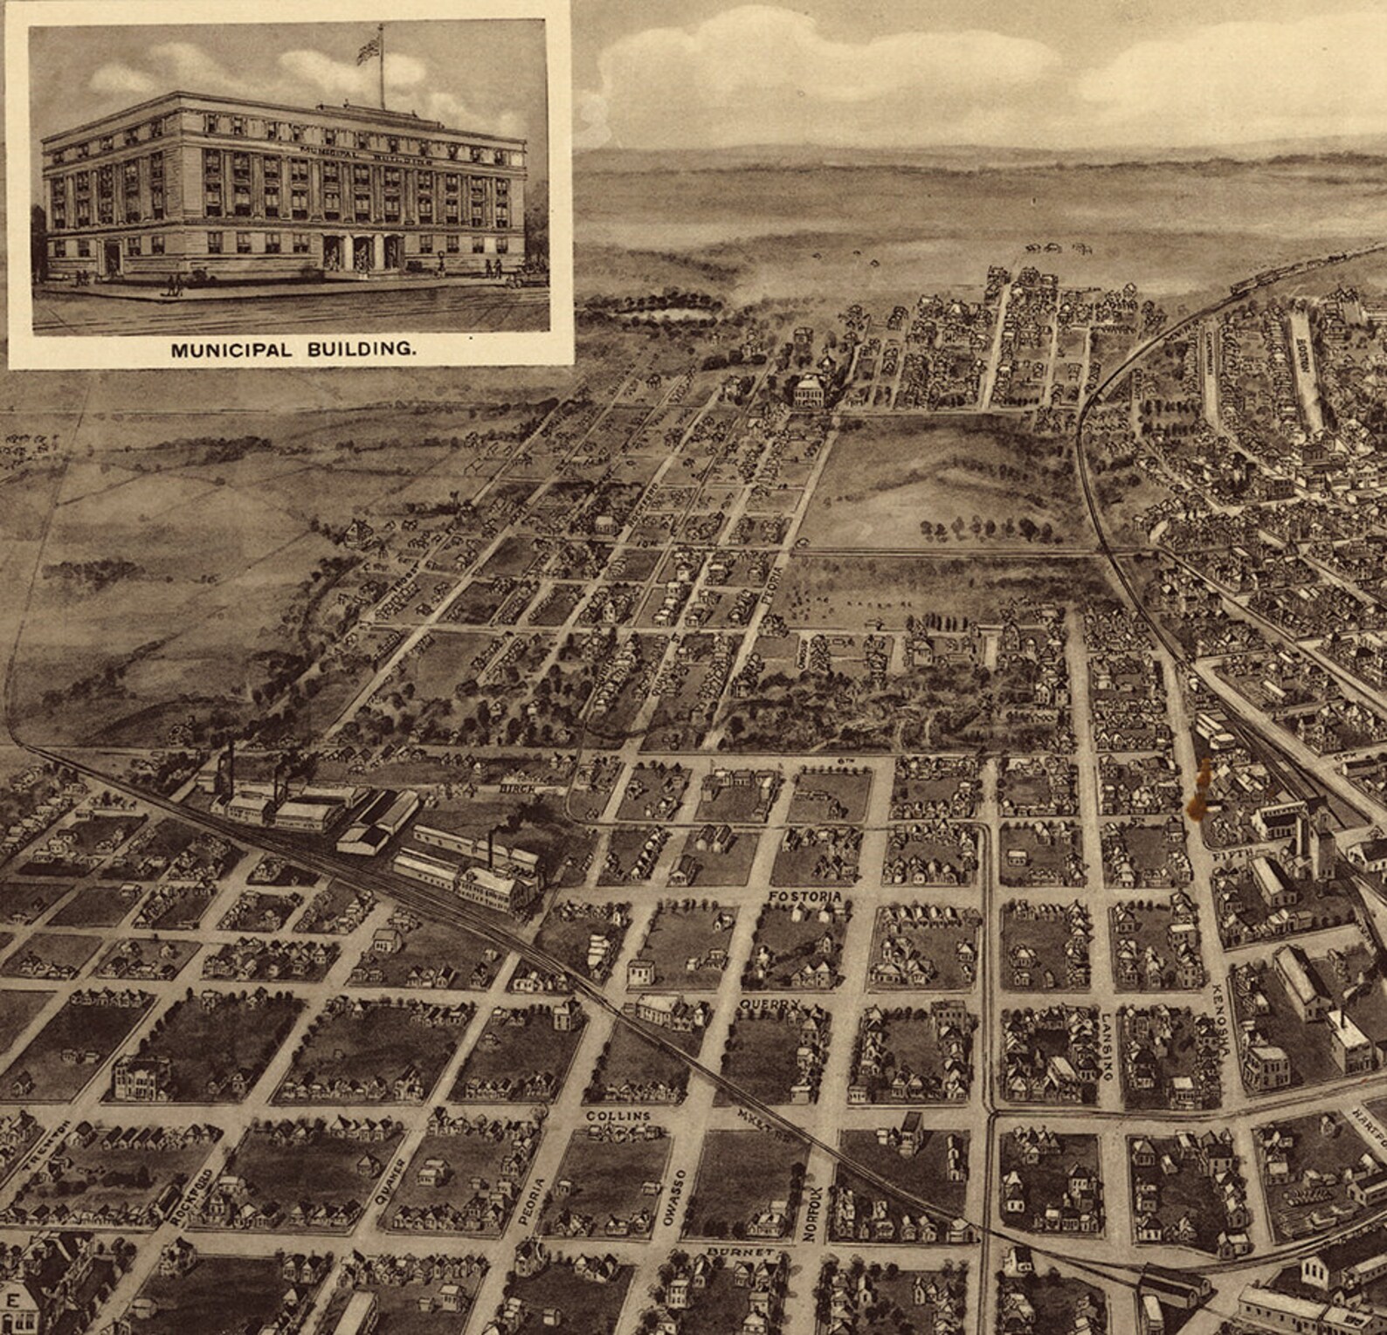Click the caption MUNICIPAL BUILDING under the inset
click(x=293, y=350)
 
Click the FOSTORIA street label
click(x=804, y=897)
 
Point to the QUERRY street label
click(x=769, y=1005)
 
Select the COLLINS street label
click(x=618, y=1116)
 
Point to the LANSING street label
click(x=1106, y=1047)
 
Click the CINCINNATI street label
click(x=1209, y=358)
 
